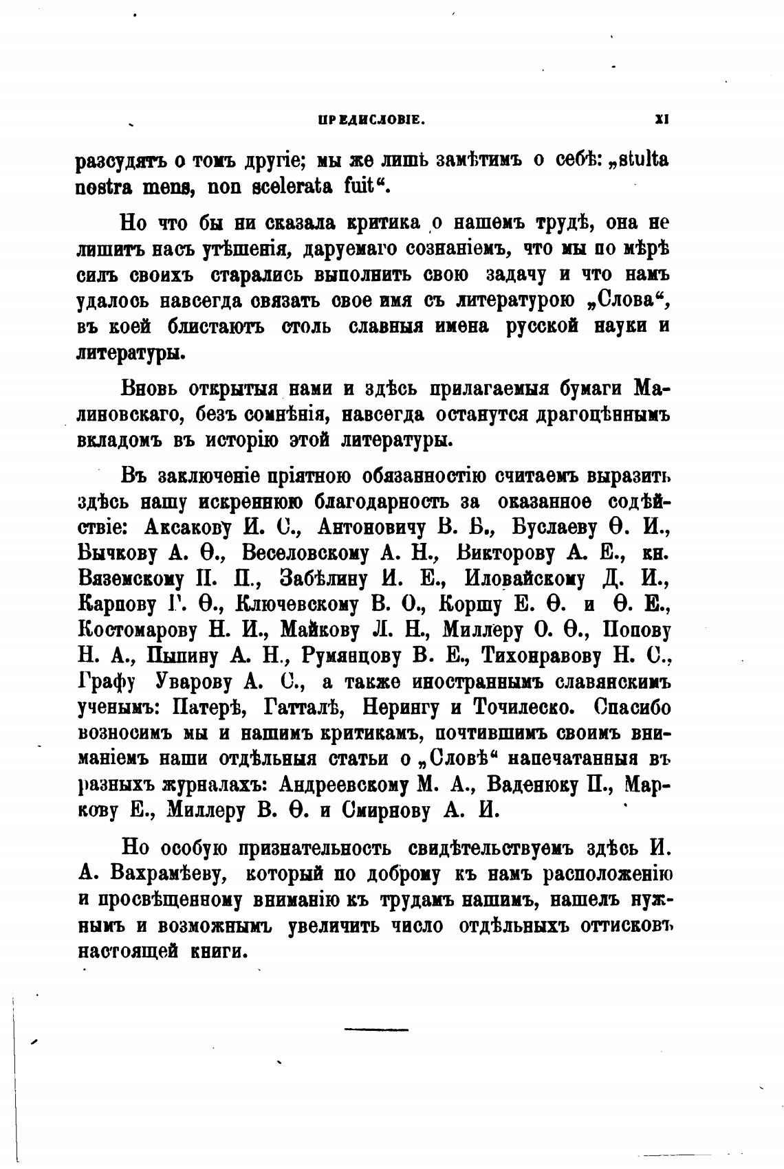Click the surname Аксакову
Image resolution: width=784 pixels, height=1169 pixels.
tap(190, 526)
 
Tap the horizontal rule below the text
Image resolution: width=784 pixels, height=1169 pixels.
tap(375, 1029)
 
